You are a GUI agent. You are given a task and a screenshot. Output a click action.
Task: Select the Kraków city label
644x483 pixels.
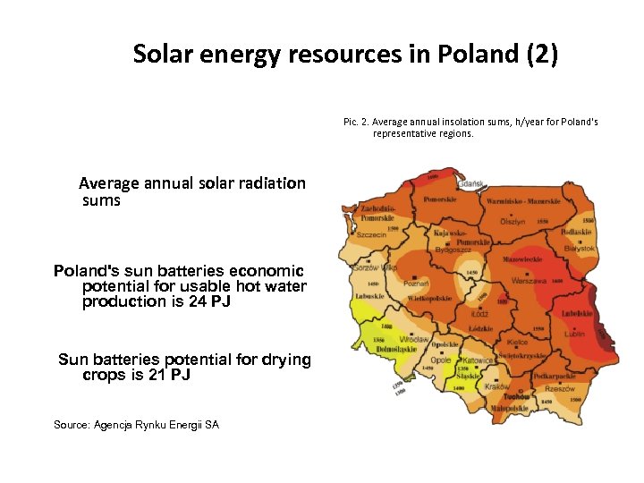click(x=496, y=386)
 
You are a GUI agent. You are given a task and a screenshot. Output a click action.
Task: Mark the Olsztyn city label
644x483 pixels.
click(x=513, y=220)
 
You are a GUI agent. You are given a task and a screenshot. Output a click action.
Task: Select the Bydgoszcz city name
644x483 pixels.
click(x=453, y=251)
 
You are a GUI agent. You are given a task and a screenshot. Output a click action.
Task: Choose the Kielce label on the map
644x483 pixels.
click(x=517, y=343)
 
